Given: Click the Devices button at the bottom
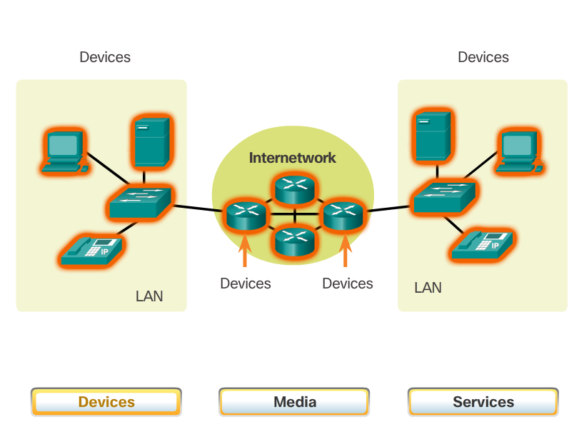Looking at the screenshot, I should (x=106, y=402).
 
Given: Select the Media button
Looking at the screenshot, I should (x=294, y=402).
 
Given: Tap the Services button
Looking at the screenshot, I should (x=483, y=402).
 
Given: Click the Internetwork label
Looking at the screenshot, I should (x=292, y=158).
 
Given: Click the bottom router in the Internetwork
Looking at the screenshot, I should (x=294, y=239).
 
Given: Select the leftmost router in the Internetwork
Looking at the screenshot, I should (x=245, y=214).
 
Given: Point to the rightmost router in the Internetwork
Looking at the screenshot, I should (x=343, y=214).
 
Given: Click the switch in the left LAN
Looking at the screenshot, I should (x=141, y=203).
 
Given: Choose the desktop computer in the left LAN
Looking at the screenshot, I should (x=64, y=151).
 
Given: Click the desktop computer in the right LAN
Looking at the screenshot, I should (x=519, y=151).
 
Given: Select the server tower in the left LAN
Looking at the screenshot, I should (x=150, y=141).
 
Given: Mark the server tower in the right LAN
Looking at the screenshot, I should (x=431, y=135).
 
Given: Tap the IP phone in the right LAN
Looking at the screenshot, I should (x=484, y=244).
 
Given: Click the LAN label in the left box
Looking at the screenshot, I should (x=149, y=296).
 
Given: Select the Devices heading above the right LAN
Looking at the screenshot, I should (x=483, y=57).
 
